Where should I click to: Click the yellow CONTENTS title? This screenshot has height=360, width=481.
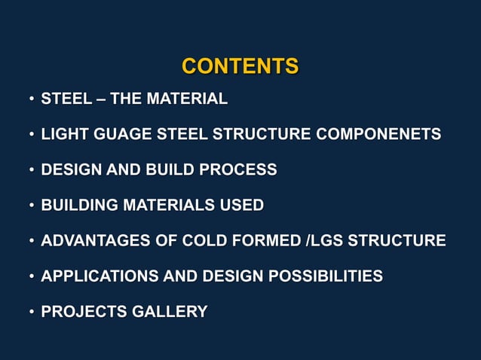240,66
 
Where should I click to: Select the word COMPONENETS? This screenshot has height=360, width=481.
378,135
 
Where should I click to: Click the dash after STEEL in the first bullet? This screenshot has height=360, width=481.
97,99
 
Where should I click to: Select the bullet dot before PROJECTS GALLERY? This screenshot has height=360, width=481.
31,312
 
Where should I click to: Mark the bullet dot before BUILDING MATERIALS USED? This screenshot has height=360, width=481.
31,206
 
